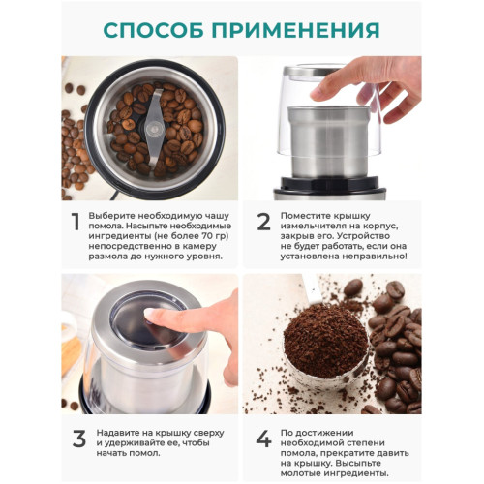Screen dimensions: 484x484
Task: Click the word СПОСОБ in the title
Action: point(154,30)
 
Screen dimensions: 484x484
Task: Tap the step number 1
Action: point(76,222)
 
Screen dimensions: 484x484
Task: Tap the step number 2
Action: point(263,222)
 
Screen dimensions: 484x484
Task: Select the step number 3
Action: point(79,439)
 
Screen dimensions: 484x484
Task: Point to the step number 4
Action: point(263,439)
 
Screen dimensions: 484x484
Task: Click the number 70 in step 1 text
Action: point(208,236)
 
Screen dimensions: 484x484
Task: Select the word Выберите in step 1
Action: point(106,216)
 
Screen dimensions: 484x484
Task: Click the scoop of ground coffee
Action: point(325,346)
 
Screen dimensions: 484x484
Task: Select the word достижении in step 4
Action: point(331,433)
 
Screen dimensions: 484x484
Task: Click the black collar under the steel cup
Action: point(330,183)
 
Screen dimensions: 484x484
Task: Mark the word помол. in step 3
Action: point(144,453)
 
